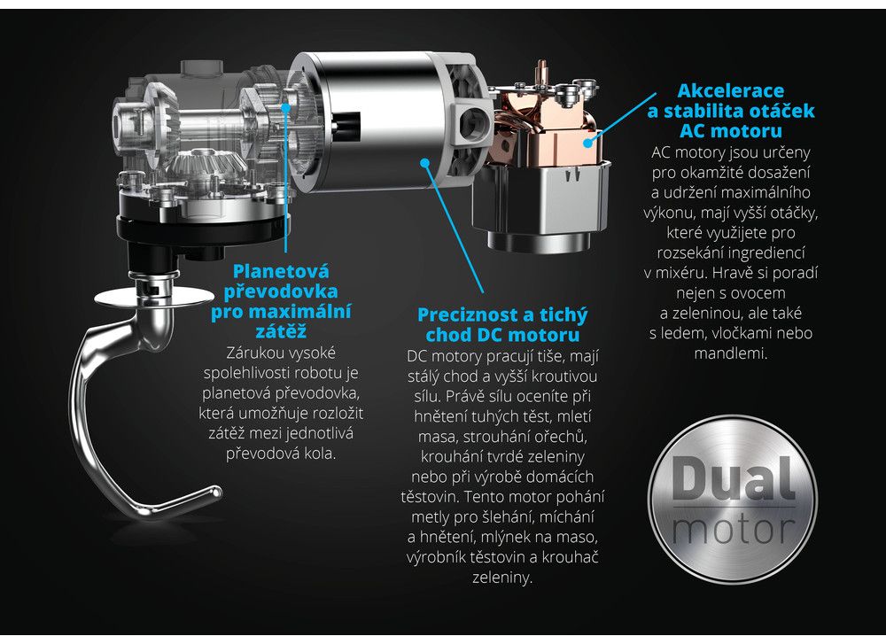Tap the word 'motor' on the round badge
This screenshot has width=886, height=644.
point(734,530)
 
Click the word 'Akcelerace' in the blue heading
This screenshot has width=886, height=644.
point(731,91)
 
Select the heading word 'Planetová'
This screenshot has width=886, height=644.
point(281,271)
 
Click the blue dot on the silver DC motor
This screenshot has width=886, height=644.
point(425,163)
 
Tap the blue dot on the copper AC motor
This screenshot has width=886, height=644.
point(588,142)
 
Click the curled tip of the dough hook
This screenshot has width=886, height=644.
point(214,493)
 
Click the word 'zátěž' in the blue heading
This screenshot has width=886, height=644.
point(281,331)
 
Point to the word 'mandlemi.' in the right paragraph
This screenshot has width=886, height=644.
point(731,354)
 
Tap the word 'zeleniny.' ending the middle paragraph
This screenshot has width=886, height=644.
point(502,578)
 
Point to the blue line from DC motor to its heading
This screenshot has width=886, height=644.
point(455,228)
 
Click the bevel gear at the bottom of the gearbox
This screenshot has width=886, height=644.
point(207,163)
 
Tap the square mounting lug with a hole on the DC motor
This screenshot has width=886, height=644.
point(472,120)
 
